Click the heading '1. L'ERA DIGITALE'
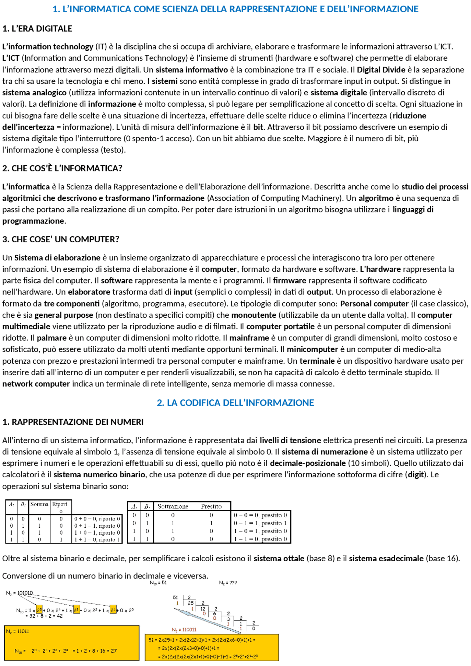click(x=37, y=29)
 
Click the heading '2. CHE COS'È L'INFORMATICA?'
click(x=62, y=168)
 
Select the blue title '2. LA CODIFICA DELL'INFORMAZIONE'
click(x=235, y=403)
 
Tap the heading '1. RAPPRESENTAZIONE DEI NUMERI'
click(x=73, y=422)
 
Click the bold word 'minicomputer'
click(x=312, y=349)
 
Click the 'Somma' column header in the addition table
click(x=39, y=504)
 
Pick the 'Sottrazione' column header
click(x=173, y=506)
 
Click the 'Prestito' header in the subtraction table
click(x=211, y=506)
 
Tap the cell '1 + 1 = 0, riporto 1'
click(x=97, y=539)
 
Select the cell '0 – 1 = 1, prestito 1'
click(x=261, y=523)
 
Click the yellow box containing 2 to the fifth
click(x=39, y=610)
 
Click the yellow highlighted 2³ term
click(x=77, y=610)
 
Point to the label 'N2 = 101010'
click(x=20, y=593)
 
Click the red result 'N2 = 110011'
click(x=184, y=630)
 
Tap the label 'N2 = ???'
click(x=228, y=583)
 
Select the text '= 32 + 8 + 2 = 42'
click(x=44, y=616)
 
